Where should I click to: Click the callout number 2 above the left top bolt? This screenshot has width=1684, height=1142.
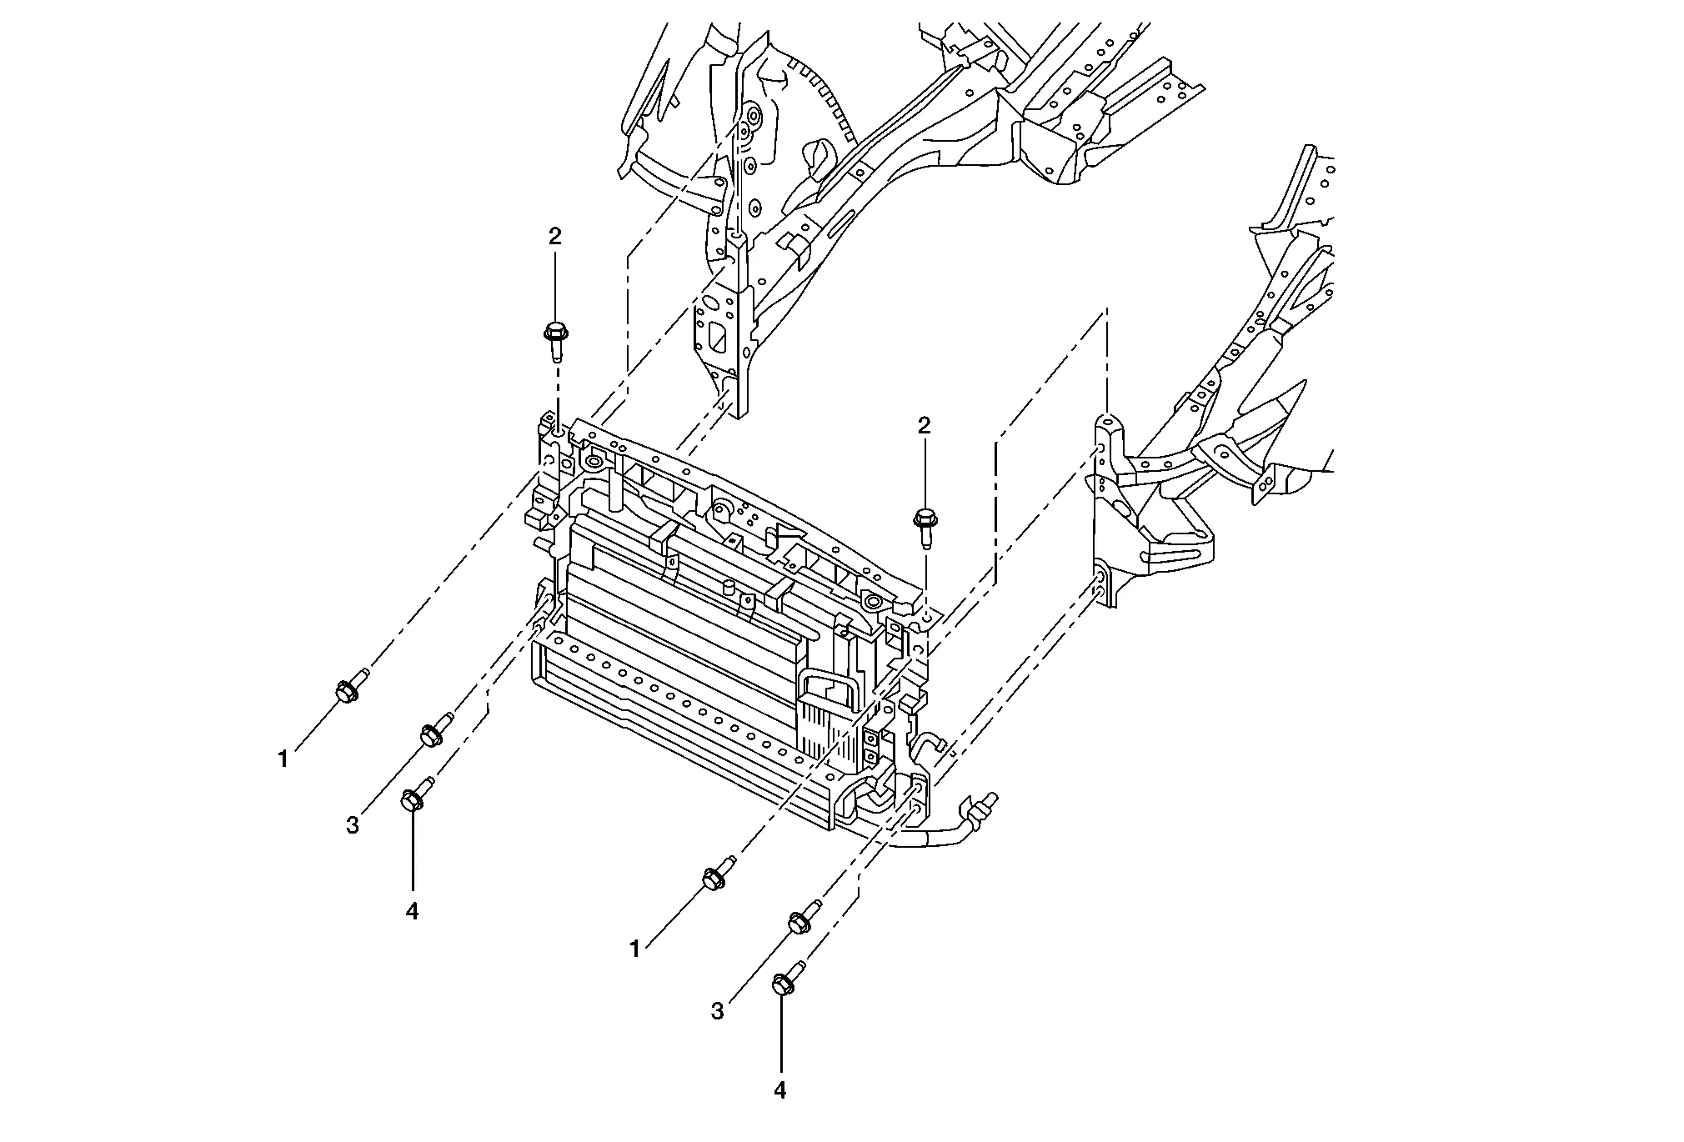tap(555, 237)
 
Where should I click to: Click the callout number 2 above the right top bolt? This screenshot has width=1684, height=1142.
tap(924, 426)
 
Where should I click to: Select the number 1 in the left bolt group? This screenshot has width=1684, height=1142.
tap(283, 759)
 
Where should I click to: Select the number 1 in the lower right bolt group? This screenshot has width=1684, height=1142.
tap(635, 949)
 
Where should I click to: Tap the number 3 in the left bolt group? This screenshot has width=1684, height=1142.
tap(353, 825)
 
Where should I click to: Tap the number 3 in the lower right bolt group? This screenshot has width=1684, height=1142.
tap(718, 1012)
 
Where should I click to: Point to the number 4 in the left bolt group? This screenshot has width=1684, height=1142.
tap(412, 911)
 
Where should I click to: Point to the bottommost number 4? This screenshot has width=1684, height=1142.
tap(780, 1090)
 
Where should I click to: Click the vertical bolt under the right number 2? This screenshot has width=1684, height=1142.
tap(924, 525)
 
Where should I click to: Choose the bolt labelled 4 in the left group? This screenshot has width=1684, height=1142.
tap(416, 794)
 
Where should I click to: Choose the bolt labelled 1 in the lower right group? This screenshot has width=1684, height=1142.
tap(717, 874)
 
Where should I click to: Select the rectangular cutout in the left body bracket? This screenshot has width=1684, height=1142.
tap(714, 340)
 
